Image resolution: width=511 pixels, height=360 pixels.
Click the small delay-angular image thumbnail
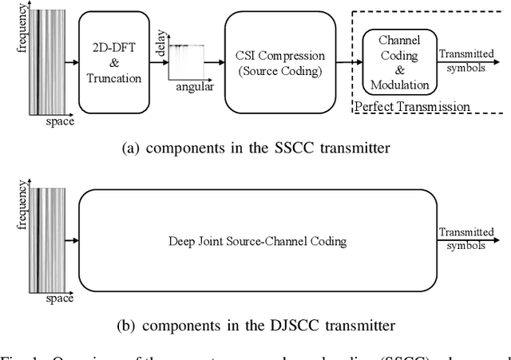(x=186, y=60)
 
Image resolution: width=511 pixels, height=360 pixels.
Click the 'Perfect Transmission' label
(x=411, y=105)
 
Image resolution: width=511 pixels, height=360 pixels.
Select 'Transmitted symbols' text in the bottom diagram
(x=465, y=239)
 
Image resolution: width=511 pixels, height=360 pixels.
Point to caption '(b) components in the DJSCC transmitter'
(x=256, y=325)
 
